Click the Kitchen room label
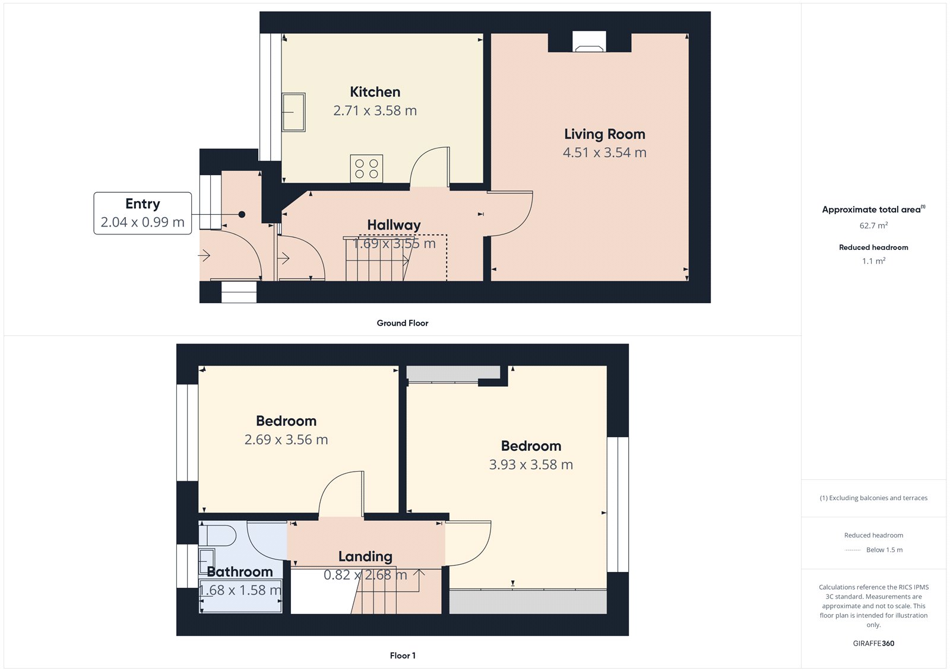pyautogui.click(x=375, y=92)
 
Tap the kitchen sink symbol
pyautogui.click(x=293, y=112)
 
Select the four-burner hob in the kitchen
pyautogui.click(x=366, y=168)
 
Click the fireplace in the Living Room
pyautogui.click(x=589, y=42)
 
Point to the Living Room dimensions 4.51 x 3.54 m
pyautogui.click(x=604, y=152)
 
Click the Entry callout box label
pyautogui.click(x=142, y=204)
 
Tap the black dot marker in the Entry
pyautogui.click(x=242, y=214)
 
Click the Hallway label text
pyautogui.click(x=394, y=225)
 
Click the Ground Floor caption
pyautogui.click(x=402, y=323)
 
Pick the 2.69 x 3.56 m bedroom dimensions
pyautogui.click(x=286, y=440)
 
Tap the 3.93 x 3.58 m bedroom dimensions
pyautogui.click(x=531, y=465)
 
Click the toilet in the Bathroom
pyautogui.click(x=217, y=536)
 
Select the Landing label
pyautogui.click(x=365, y=556)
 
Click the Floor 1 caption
pyautogui.click(x=403, y=656)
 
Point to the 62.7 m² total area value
pyautogui.click(x=873, y=225)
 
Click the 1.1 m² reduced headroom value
pyautogui.click(x=873, y=261)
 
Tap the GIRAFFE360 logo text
pyautogui.click(x=873, y=643)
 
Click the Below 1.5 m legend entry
pyautogui.click(x=883, y=550)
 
